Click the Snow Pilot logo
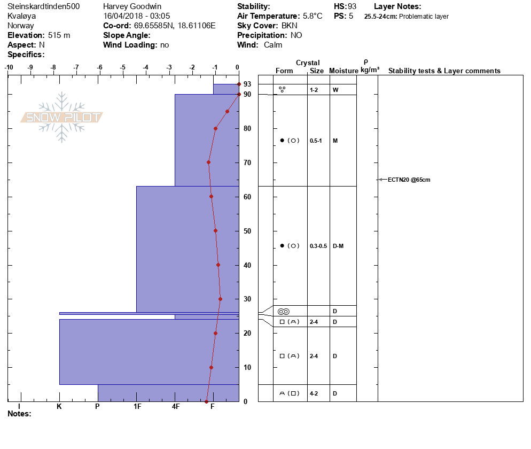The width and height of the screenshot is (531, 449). tap(62, 118)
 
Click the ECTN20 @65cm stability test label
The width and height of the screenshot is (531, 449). tap(409, 180)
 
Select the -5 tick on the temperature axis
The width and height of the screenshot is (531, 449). tap(123, 67)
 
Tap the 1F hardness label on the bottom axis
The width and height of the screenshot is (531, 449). tap(137, 407)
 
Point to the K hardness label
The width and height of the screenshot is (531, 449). tap(59, 407)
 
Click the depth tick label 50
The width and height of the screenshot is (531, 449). tap(247, 231)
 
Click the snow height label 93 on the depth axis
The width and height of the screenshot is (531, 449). tap(247, 84)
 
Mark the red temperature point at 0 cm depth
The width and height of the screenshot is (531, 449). tap(206, 401)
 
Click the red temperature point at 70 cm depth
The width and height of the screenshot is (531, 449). tap(208, 162)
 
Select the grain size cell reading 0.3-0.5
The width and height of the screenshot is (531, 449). tap(318, 246)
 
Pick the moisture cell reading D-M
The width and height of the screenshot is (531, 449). tap(338, 246)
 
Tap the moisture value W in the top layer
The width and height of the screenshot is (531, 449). tap(335, 90)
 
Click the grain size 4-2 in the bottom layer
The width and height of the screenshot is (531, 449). tap(314, 393)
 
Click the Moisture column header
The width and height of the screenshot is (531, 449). tap(343, 71)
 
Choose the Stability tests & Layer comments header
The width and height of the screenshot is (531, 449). tap(444, 71)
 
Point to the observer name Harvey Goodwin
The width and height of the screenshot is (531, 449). tap(132, 6)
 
